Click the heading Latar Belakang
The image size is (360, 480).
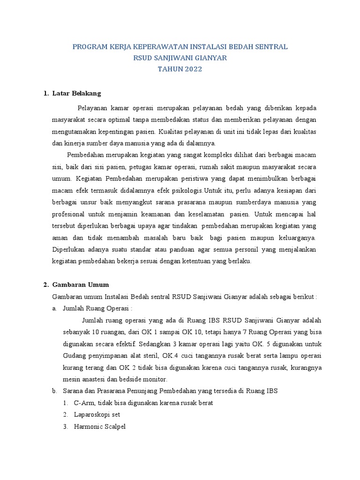click(x=77, y=93)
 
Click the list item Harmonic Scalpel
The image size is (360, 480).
click(x=99, y=427)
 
